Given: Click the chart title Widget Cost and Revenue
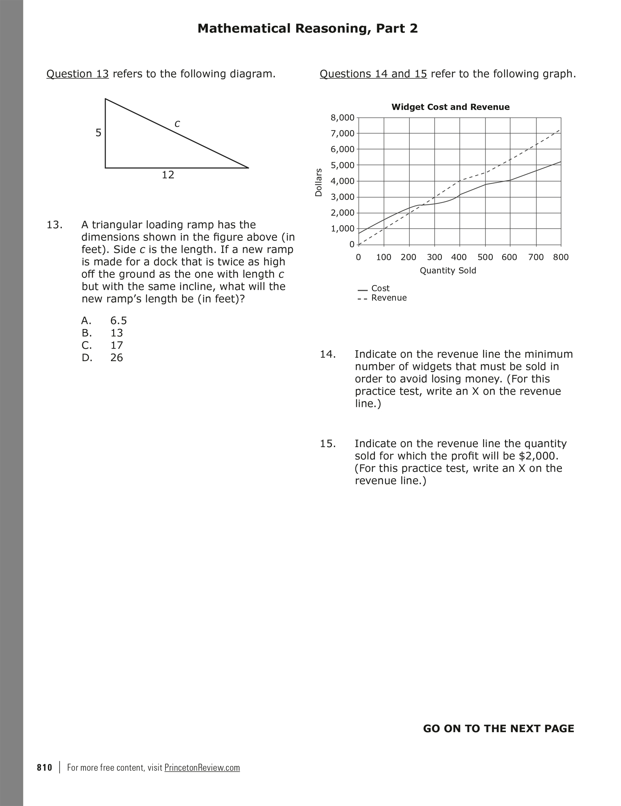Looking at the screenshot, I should pyautogui.click(x=450, y=107).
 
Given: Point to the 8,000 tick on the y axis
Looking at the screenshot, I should pyautogui.click(x=342, y=118).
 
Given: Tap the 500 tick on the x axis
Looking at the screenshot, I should pyautogui.click(x=485, y=257).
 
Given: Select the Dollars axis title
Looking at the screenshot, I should pyautogui.click(x=319, y=182).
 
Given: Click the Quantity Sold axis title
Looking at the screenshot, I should pyautogui.click(x=448, y=271).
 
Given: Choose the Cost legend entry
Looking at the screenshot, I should pyautogui.click(x=380, y=288).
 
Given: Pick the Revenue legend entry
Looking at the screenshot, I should pyautogui.click(x=389, y=298).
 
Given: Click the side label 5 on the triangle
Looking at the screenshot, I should pyautogui.click(x=98, y=133).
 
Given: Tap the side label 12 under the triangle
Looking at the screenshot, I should pyautogui.click(x=168, y=175).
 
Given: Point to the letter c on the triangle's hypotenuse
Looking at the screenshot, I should pyautogui.click(x=177, y=124).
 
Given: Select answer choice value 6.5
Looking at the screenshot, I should pyautogui.click(x=119, y=321).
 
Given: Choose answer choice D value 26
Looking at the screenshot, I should pyautogui.click(x=117, y=358).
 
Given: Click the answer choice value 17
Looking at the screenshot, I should pyautogui.click(x=117, y=345).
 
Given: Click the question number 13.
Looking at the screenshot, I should pyautogui.click(x=54, y=225).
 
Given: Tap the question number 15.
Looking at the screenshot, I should pyautogui.click(x=328, y=444).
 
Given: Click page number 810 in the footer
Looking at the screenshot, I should pyautogui.click(x=45, y=768).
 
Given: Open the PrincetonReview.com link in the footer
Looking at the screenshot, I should pyautogui.click(x=202, y=768).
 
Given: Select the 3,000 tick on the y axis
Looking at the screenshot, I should pyautogui.click(x=342, y=197).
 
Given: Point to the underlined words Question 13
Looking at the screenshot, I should pyautogui.click(x=78, y=74).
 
